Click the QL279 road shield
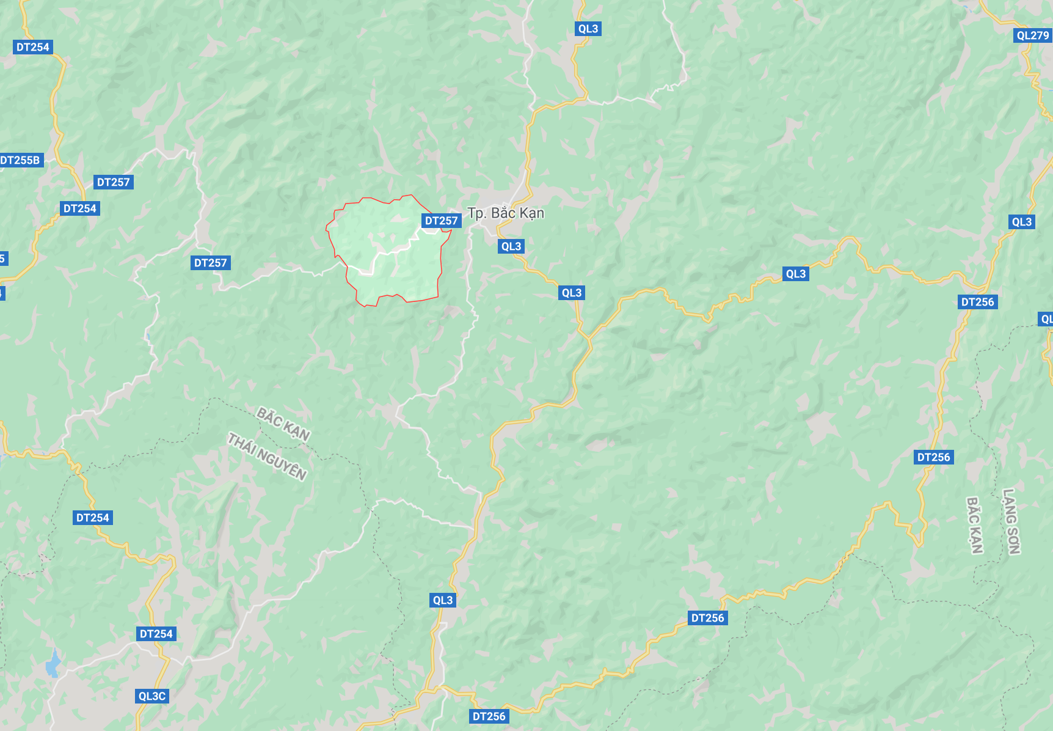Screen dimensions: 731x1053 tap(1032, 35)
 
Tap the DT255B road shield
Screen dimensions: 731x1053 tap(21, 160)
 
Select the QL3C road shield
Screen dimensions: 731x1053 tap(152, 696)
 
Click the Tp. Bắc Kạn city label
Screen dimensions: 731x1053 tap(506, 213)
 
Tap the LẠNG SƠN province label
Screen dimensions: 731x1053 tap(1011, 521)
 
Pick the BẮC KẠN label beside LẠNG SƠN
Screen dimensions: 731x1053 tap(975, 525)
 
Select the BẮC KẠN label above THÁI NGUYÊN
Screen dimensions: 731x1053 tap(283, 424)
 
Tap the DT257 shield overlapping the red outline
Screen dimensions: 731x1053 tap(441, 221)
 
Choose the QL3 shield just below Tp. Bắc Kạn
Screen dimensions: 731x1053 tap(511, 246)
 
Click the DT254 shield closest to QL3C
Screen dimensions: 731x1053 tap(156, 634)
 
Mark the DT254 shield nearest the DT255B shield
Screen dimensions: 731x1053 tap(80, 208)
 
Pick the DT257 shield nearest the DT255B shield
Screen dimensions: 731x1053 tap(114, 182)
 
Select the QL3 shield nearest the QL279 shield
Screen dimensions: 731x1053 tap(1021, 222)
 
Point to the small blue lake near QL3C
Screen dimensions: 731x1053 tap(54, 664)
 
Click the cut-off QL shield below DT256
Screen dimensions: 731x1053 tap(1046, 319)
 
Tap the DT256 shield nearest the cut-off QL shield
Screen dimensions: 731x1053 tap(977, 302)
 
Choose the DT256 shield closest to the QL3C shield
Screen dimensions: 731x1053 tap(489, 716)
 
